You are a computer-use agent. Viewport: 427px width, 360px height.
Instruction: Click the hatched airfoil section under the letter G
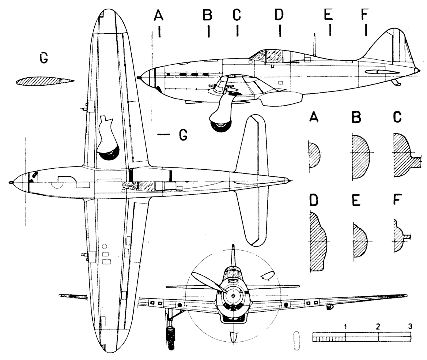tap(44, 81)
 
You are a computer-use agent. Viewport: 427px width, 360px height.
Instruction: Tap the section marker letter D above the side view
tap(279, 15)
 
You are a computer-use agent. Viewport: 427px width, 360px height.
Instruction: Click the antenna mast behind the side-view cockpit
tap(314, 43)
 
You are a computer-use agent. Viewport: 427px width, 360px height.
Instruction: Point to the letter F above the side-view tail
tap(364, 14)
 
